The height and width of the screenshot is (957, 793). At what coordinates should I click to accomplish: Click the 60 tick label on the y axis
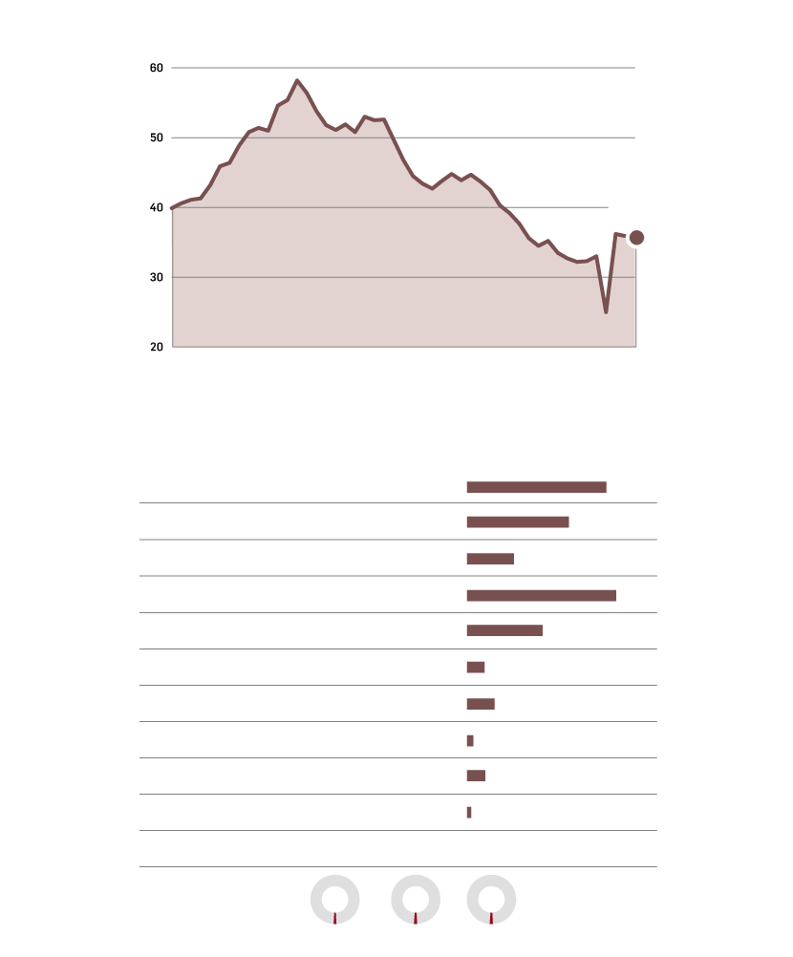[x=157, y=68]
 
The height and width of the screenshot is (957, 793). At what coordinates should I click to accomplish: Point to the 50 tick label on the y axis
[x=157, y=138]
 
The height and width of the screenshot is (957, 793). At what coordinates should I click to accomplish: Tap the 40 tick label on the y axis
[x=157, y=207]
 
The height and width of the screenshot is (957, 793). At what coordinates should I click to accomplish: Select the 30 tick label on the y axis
[x=157, y=277]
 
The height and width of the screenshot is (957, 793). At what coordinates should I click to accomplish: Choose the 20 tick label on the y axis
[x=157, y=347]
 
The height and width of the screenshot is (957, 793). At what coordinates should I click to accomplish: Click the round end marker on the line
[x=636, y=238]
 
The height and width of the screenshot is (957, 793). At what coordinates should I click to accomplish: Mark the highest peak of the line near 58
[x=297, y=80]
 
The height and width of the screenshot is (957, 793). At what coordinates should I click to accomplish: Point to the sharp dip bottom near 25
[x=606, y=311]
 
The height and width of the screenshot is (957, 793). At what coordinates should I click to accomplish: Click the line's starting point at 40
[x=172, y=207]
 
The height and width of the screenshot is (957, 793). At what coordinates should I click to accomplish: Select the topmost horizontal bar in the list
[x=536, y=487]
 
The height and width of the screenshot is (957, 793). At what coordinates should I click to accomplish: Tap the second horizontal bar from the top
[x=518, y=521]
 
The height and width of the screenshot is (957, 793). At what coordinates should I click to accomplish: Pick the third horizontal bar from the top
[x=490, y=559]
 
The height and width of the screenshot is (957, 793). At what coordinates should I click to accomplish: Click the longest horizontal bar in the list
[x=541, y=595]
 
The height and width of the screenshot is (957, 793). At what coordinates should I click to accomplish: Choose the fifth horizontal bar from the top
[x=504, y=630]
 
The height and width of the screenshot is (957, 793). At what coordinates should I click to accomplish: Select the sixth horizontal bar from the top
[x=476, y=667]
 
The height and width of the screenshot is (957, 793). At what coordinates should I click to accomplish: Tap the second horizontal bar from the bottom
[x=476, y=776]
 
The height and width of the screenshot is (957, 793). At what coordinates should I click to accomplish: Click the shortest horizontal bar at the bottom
[x=469, y=812]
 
